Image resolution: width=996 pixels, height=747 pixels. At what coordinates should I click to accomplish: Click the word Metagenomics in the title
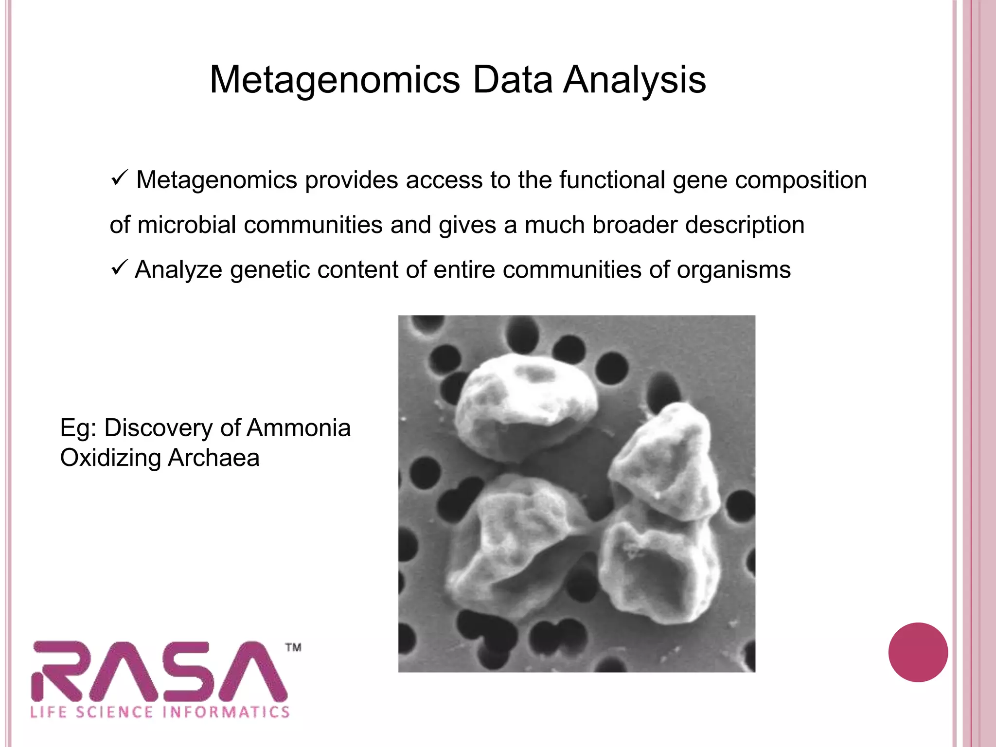335,80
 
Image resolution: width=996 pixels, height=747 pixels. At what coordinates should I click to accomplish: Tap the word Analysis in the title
634,80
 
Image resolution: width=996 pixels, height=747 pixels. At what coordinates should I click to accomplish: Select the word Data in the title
513,80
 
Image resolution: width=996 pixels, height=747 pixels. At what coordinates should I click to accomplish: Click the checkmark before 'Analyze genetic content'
119,267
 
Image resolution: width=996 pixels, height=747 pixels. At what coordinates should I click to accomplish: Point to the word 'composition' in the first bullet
800,180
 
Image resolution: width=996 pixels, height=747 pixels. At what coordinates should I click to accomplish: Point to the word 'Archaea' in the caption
213,458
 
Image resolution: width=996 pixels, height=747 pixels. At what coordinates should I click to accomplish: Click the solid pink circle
918,652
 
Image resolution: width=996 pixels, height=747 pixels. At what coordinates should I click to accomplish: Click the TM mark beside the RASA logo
293,647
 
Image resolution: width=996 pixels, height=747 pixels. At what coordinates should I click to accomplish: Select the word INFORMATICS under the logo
226,712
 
